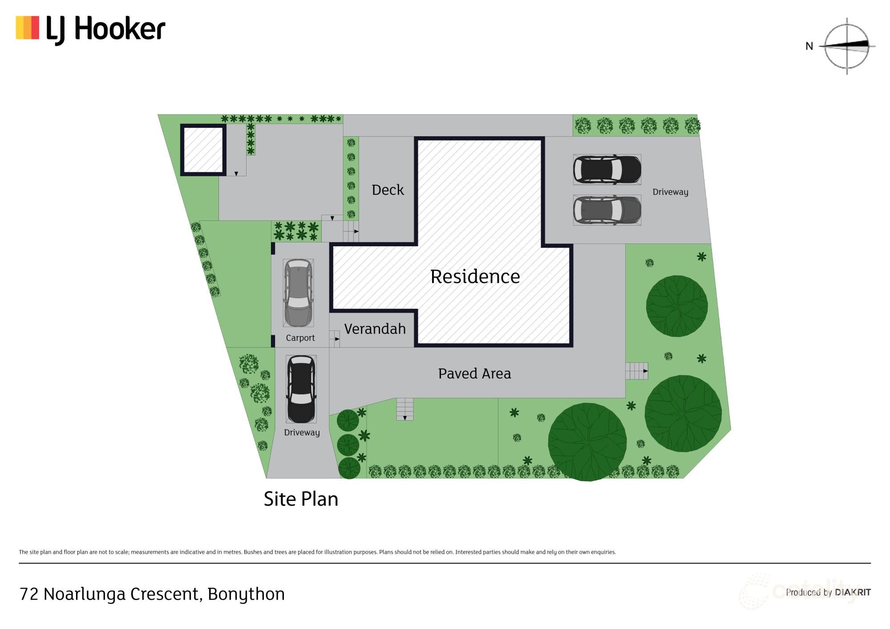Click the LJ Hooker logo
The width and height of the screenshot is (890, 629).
(x=90, y=29)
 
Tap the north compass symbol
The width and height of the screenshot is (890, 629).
(x=846, y=46)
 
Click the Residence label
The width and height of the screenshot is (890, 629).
(x=475, y=276)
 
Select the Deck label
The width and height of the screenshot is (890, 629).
(x=388, y=190)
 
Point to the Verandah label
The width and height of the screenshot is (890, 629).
(x=375, y=329)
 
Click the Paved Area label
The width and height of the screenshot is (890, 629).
(x=474, y=373)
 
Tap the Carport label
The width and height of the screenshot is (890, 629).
(x=300, y=338)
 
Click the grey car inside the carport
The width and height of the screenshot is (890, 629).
(x=299, y=292)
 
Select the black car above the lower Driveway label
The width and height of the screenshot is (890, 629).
(x=301, y=389)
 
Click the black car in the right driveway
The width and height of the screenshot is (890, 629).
(x=607, y=170)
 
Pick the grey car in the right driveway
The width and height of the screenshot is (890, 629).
(x=607, y=210)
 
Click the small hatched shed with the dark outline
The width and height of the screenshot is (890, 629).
(x=203, y=150)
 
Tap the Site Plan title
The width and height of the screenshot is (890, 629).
(x=301, y=499)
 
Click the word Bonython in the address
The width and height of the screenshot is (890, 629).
(x=246, y=594)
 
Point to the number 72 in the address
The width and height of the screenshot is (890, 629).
(x=29, y=594)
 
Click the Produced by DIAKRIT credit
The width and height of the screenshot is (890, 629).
(x=828, y=592)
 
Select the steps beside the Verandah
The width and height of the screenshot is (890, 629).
(x=335, y=339)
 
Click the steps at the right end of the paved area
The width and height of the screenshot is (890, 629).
(x=636, y=371)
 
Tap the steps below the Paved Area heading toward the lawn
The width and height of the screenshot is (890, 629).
(x=405, y=409)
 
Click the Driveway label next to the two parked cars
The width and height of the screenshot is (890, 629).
(x=670, y=192)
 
